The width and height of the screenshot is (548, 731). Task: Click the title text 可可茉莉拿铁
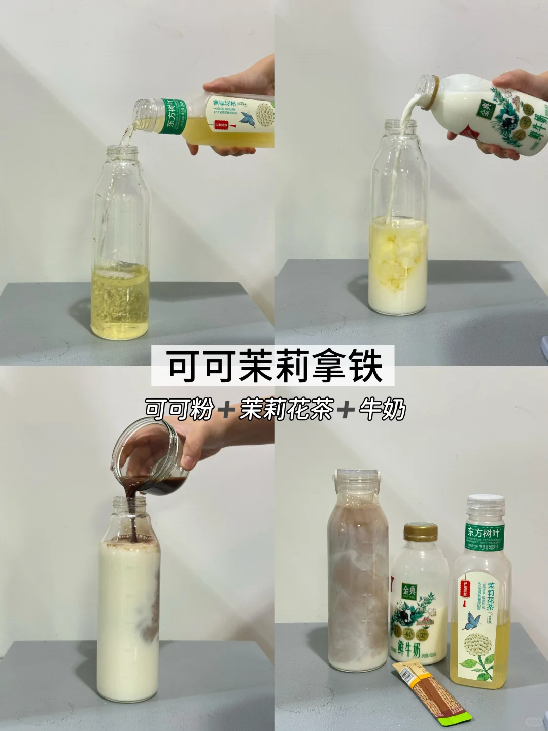pos(273,365)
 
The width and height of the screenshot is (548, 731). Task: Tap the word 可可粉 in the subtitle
pos(179,409)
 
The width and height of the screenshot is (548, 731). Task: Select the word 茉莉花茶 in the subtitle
pos(287,409)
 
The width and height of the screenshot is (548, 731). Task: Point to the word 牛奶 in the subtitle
pos(382,409)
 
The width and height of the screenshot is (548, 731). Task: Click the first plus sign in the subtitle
pos(227,410)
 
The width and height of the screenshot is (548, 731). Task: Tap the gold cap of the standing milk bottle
pos(421,532)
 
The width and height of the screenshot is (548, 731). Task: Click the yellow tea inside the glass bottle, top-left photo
pos(120,302)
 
